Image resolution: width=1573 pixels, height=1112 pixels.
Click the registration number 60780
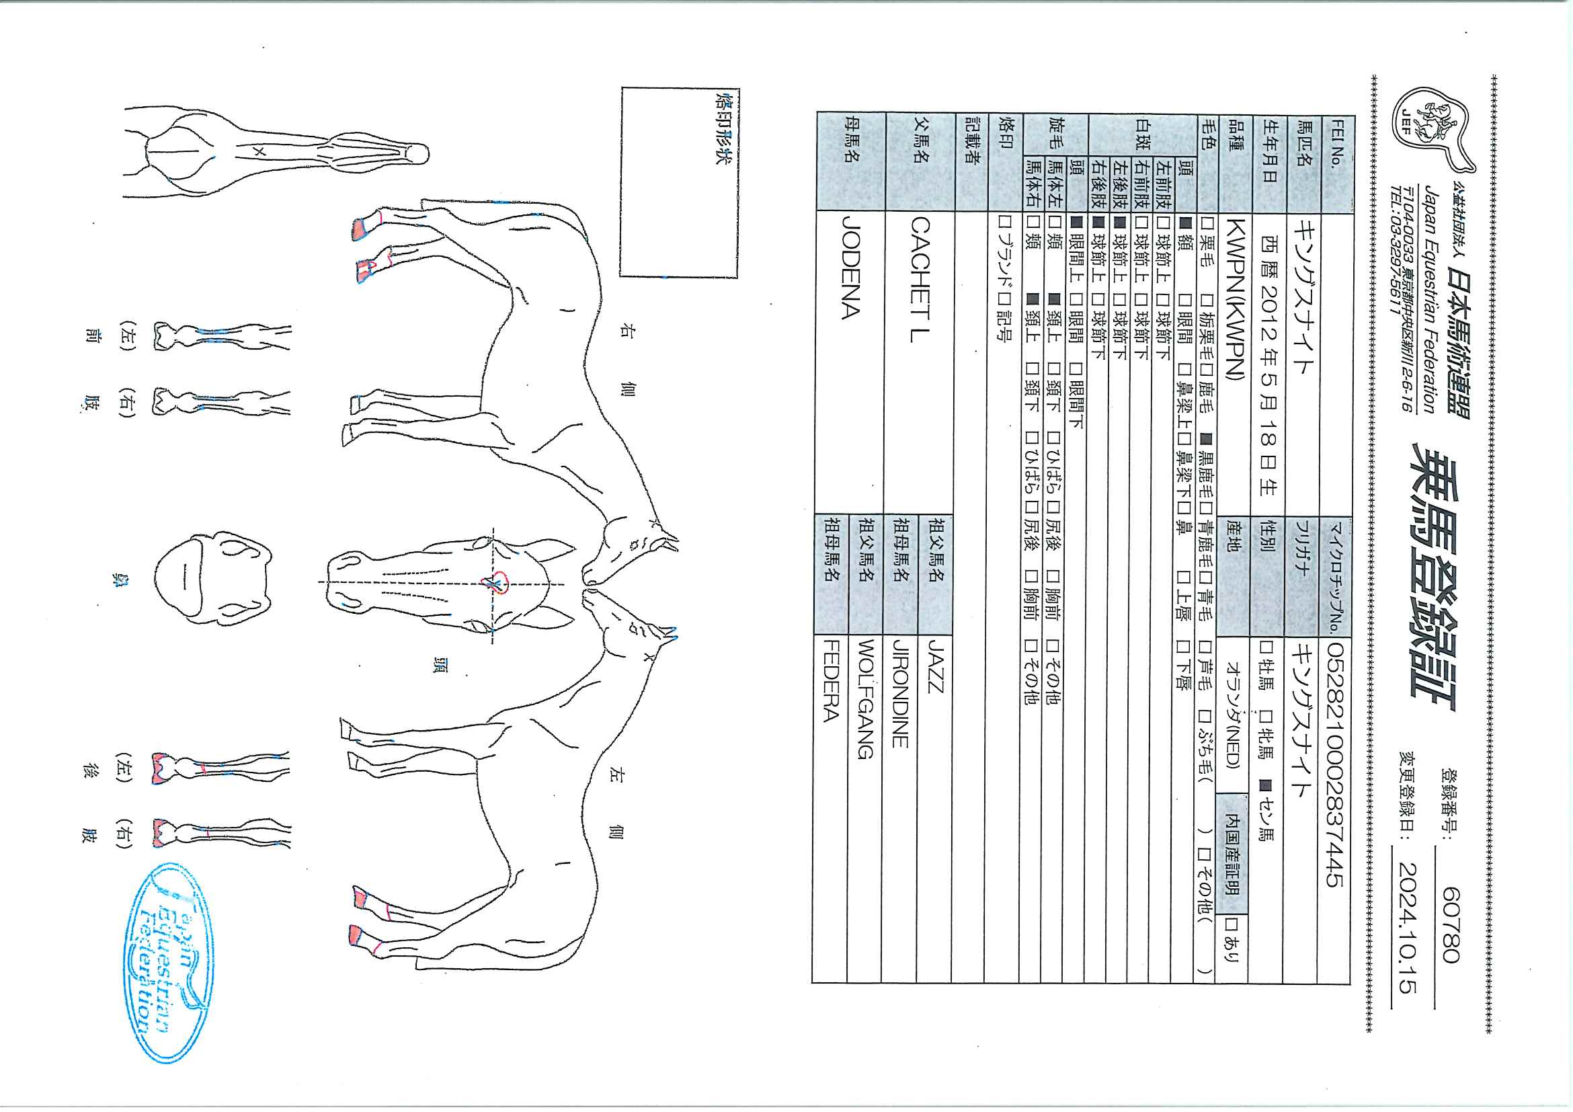coord(1451,924)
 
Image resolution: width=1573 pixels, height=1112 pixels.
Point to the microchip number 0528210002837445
coord(1335,763)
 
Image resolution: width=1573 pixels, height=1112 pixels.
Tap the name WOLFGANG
coord(866,699)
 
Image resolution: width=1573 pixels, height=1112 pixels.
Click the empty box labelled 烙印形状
coord(678,182)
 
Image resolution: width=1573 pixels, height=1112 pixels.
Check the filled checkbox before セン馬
coord(1265,786)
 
